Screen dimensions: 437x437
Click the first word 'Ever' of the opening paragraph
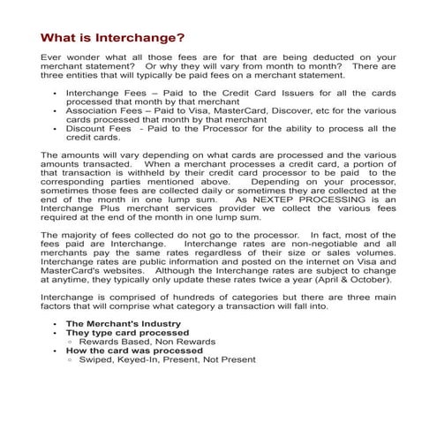tap(54, 56)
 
